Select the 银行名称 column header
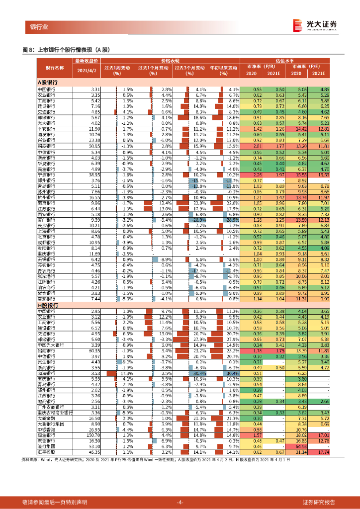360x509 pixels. click(55, 68)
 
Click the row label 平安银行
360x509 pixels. click(48, 128)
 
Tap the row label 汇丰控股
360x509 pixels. click(48, 452)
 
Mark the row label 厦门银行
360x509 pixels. click(48, 219)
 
